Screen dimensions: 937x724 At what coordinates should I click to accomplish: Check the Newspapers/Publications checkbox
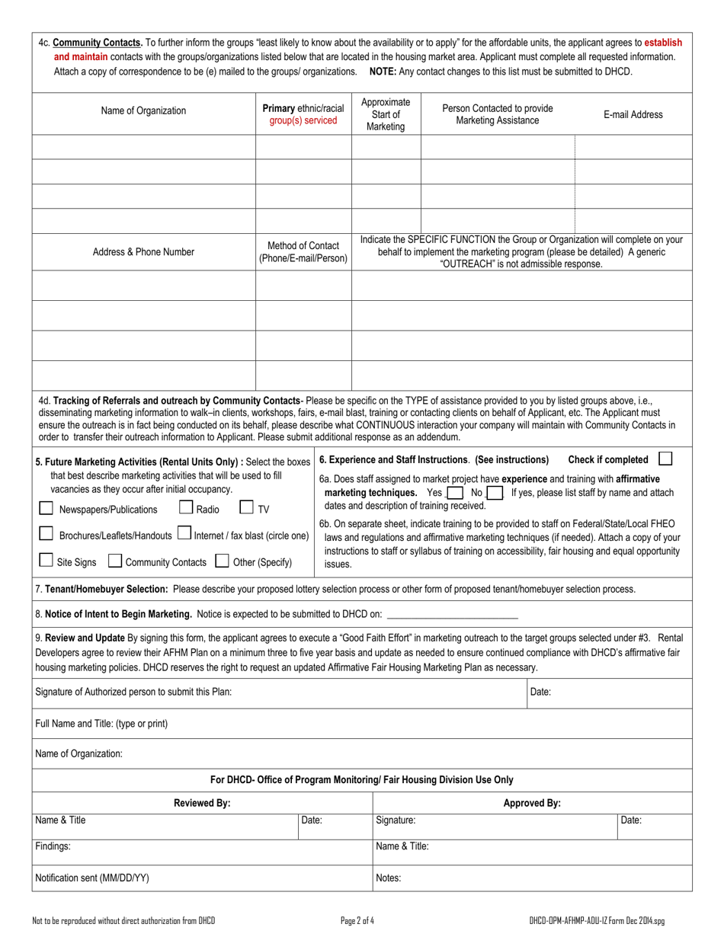[x=46, y=508]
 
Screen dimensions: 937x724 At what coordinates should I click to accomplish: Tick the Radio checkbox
[x=186, y=507]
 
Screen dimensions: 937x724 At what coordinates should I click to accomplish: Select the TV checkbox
[x=246, y=507]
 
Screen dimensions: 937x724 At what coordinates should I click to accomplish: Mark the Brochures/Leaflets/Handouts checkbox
[x=46, y=534]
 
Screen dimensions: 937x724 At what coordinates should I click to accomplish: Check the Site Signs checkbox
[x=46, y=561]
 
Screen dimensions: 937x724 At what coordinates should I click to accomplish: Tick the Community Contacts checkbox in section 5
[x=115, y=561]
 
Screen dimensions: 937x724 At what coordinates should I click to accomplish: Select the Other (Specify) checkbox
[x=223, y=561]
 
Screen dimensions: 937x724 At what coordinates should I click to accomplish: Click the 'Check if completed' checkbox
[x=665, y=459]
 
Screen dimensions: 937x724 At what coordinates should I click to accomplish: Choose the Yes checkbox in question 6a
[x=455, y=493]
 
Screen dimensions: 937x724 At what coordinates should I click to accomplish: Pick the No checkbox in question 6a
[x=494, y=493]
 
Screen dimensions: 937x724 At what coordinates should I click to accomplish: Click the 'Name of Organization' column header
[x=143, y=110]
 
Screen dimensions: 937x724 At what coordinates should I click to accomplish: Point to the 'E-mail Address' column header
[x=633, y=114]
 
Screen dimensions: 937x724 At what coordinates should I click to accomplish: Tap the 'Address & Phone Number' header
[x=143, y=251]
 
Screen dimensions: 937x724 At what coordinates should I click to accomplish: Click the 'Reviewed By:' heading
[x=202, y=803]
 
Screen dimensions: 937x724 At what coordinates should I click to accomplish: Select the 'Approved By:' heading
[x=532, y=803]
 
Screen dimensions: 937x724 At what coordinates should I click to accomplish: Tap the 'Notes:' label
[x=389, y=878]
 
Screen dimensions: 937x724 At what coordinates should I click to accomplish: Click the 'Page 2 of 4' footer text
[x=357, y=920]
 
